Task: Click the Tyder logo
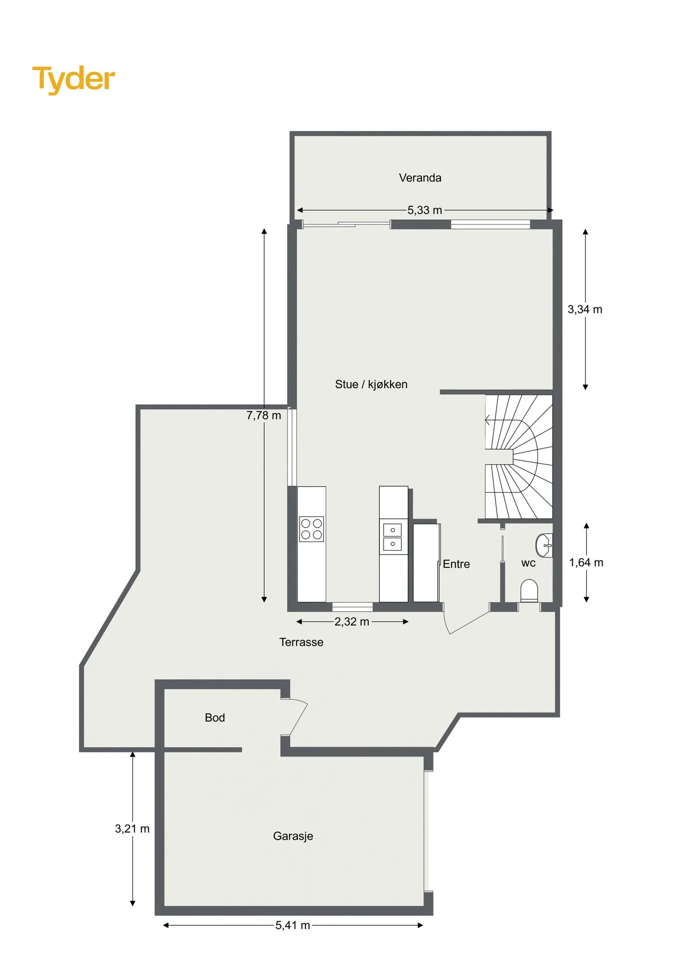[74, 79]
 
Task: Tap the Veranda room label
[420, 178]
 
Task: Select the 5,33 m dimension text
[425, 210]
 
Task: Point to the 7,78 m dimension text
[264, 415]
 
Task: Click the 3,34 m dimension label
[585, 309]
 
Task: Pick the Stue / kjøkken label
[371, 384]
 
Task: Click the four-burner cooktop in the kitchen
[311, 529]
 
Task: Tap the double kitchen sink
[393, 537]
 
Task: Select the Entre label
[456, 564]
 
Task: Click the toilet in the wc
[529, 590]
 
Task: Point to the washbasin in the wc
[543, 546]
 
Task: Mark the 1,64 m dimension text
[586, 562]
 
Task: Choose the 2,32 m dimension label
[352, 622]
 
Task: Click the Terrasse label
[301, 642]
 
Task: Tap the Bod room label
[215, 718]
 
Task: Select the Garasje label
[293, 836]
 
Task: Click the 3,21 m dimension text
[132, 829]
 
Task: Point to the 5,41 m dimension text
[293, 925]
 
